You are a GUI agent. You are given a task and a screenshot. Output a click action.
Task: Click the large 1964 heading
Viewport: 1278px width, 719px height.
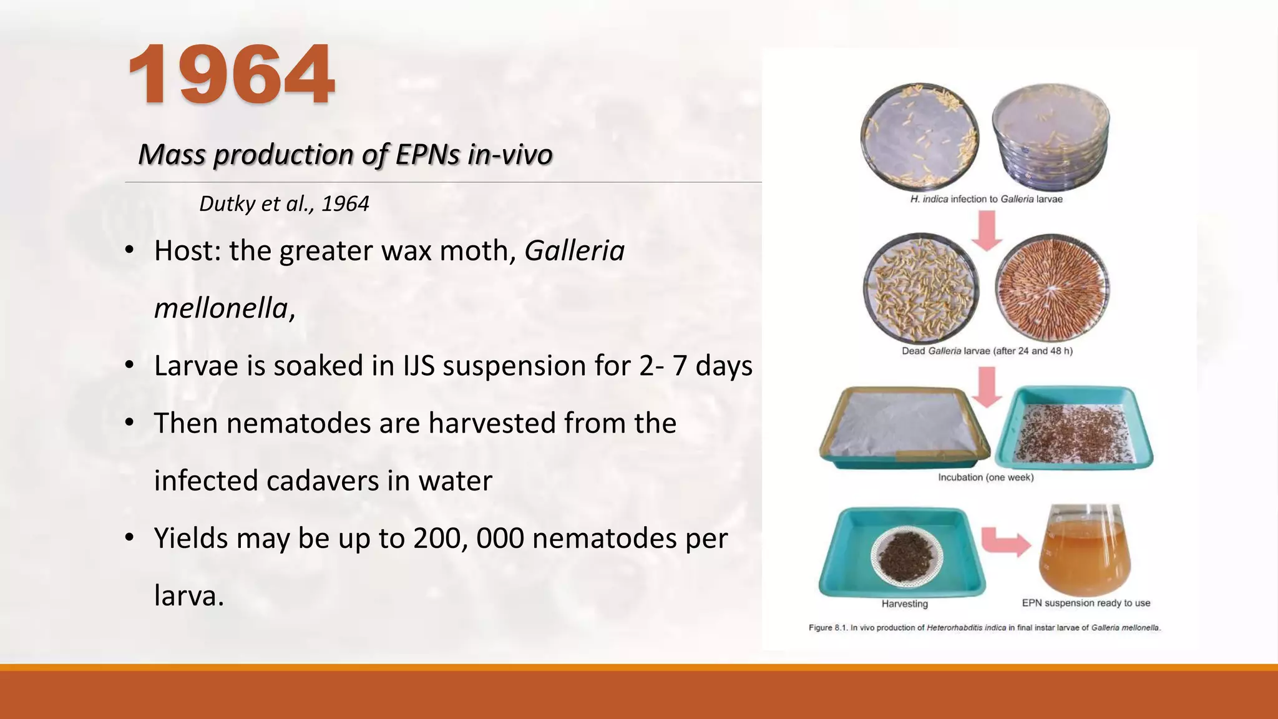(x=232, y=75)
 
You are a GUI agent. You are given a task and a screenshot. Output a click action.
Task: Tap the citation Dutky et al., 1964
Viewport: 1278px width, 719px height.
(x=284, y=203)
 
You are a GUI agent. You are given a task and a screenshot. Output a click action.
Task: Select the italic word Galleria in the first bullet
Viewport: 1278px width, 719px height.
(x=574, y=251)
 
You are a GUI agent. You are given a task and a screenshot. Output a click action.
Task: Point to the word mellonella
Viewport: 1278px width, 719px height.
(x=221, y=308)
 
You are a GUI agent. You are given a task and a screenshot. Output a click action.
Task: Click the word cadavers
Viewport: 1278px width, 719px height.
(x=323, y=481)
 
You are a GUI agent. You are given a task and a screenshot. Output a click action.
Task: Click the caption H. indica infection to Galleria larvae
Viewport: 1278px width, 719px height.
(x=986, y=199)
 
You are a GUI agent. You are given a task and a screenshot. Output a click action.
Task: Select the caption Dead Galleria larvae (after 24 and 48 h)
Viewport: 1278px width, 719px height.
(x=987, y=351)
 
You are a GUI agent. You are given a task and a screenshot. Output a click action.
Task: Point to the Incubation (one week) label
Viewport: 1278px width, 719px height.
(x=985, y=477)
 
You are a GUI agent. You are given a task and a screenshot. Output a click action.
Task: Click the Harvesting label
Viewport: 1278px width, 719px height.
(x=904, y=604)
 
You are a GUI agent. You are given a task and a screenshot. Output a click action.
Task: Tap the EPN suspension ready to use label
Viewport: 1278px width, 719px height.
(x=1086, y=603)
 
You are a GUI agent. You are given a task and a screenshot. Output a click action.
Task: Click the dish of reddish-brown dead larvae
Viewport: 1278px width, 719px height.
(x=1052, y=288)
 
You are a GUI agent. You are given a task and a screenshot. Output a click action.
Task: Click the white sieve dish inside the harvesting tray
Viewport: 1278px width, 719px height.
(x=907, y=555)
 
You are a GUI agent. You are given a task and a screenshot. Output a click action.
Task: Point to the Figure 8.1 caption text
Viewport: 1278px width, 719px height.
(x=985, y=628)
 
